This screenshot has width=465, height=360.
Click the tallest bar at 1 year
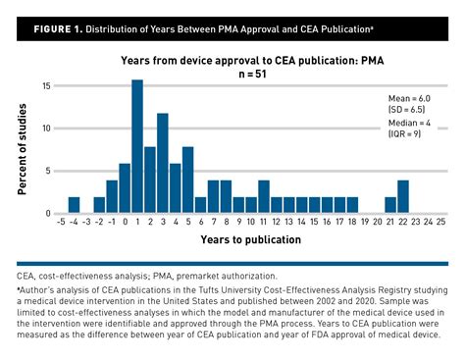137,147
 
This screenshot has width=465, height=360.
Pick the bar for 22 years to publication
403,197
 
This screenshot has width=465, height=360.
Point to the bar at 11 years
264,197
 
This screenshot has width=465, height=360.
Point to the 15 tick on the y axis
46,87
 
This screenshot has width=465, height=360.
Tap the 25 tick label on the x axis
440,223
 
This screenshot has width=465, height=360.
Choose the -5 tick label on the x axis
60,223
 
